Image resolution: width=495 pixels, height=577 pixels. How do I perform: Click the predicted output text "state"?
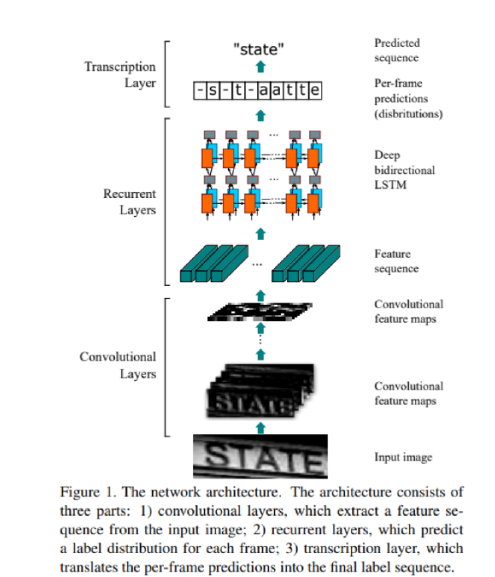click(259, 49)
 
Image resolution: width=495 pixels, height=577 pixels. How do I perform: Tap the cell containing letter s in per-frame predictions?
click(213, 91)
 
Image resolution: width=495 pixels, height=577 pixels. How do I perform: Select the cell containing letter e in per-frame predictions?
click(315, 91)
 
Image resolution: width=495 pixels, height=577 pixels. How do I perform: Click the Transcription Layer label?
click(120, 75)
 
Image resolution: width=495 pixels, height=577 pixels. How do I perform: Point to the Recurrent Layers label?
click(129, 201)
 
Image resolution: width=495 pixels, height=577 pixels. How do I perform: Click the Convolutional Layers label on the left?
click(118, 365)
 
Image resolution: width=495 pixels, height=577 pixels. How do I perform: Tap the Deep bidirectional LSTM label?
click(404, 169)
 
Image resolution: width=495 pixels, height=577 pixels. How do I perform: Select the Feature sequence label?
click(396, 261)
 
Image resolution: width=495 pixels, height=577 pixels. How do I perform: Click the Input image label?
click(404, 457)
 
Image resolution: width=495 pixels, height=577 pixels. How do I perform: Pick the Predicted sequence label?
click(397, 50)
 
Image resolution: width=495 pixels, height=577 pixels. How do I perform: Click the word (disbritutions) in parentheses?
click(408, 114)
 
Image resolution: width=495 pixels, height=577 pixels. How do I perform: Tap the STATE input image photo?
click(260, 456)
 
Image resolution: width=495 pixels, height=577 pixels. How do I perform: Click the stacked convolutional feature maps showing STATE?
click(261, 391)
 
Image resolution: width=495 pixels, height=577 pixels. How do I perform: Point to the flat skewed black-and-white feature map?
click(260, 312)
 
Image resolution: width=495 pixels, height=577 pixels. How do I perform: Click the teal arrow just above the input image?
click(261, 428)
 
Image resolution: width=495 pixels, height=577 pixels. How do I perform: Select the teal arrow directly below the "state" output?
click(261, 67)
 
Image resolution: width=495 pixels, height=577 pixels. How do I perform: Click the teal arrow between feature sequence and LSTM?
click(261, 234)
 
